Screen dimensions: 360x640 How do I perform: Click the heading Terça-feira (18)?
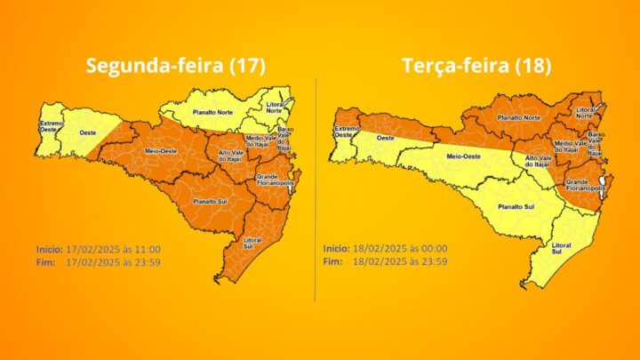point(476,66)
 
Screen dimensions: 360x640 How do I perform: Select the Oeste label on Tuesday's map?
point(385,138)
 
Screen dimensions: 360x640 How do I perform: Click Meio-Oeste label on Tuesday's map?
point(462,156)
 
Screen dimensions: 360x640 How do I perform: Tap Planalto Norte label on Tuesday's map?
point(519,116)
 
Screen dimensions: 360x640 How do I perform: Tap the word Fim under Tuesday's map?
point(332,261)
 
